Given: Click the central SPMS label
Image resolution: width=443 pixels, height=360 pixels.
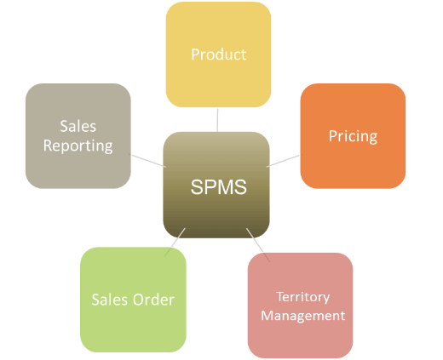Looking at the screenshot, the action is coord(218,187).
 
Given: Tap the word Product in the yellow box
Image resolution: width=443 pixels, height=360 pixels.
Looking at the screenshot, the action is coord(219,54).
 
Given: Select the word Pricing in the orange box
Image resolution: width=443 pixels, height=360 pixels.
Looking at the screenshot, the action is coord(353,137).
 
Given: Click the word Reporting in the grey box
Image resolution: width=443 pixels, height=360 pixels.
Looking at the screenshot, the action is coord(78,146).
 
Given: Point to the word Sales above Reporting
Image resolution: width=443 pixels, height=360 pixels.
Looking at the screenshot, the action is coord(78,126).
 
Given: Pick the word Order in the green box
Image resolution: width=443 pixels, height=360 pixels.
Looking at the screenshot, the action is coord(153,300).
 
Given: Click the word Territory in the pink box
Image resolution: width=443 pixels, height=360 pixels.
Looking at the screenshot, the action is coord(303,297).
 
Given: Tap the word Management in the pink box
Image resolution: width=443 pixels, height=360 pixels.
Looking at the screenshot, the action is coord(303,316).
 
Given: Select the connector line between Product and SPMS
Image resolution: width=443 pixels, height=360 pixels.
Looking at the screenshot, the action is coord(217,120).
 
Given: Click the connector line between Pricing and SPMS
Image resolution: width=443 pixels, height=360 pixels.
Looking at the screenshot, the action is coord(283,161).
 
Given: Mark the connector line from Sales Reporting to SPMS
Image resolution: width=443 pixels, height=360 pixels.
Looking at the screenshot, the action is coord(147,161).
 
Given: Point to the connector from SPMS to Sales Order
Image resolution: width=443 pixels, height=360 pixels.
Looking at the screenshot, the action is coord(175,243).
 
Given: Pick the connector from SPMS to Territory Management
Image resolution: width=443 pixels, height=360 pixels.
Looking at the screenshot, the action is coord(258,244).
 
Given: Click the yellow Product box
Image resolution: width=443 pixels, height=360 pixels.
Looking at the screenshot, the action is coord(218,54).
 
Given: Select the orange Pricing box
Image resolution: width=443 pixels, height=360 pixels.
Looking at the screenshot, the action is coord(353,136).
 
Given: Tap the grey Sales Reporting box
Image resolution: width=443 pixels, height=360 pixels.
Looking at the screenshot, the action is coord(78,136).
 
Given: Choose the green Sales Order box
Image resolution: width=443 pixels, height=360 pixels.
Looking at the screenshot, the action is coord(133,300).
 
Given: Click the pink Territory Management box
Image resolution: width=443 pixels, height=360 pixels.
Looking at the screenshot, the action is coord(300,306).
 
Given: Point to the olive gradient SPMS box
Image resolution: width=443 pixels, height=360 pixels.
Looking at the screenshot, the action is coord(216,185).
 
